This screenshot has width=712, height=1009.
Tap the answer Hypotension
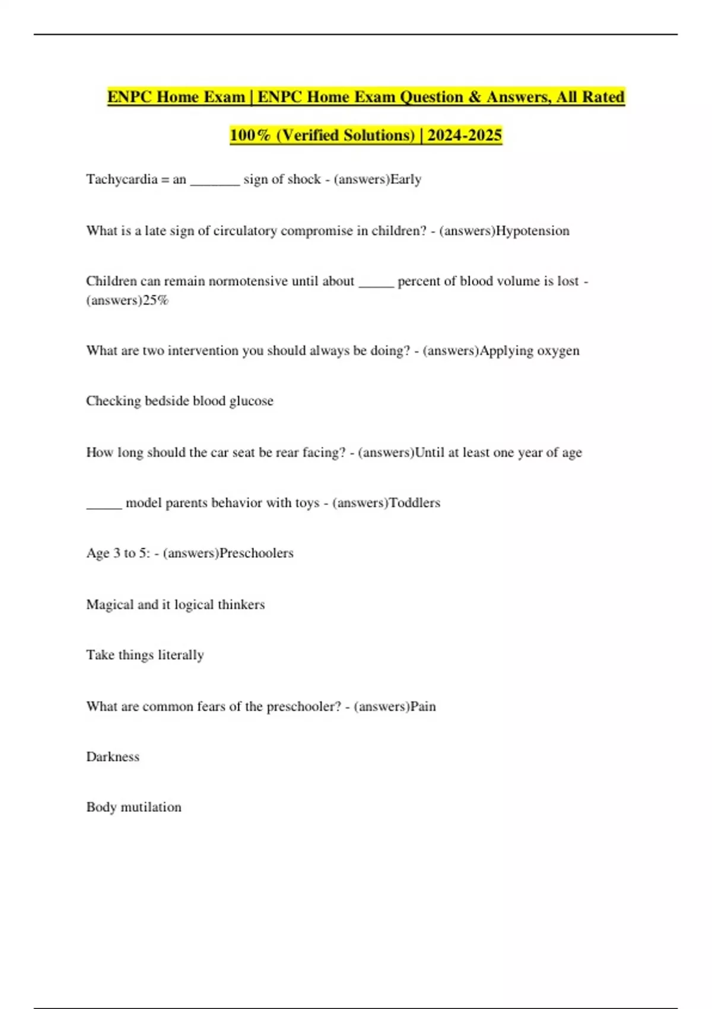point(532,231)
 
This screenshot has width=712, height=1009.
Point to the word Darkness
point(113,757)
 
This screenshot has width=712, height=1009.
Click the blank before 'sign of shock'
point(215,182)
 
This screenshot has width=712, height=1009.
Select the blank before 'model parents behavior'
point(104,506)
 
